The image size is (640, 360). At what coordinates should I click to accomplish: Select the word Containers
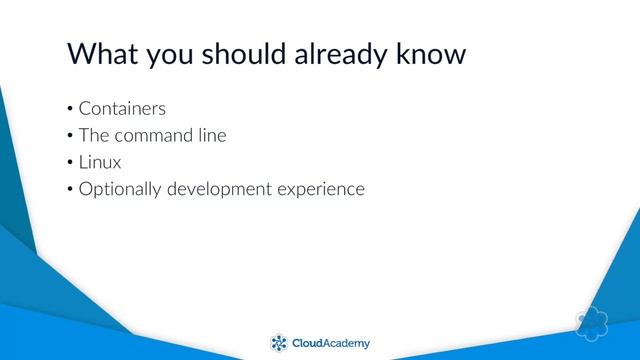[x=122, y=109]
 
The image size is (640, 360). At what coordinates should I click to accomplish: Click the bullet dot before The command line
[x=70, y=136]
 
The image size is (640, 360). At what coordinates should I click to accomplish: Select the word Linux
[x=100, y=161]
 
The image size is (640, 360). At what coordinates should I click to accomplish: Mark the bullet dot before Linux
[x=70, y=162]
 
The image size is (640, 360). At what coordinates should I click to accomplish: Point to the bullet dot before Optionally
[x=70, y=188]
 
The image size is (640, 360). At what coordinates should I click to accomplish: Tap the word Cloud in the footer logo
[x=308, y=343]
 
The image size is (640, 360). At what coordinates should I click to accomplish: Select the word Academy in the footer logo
[x=348, y=343]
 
